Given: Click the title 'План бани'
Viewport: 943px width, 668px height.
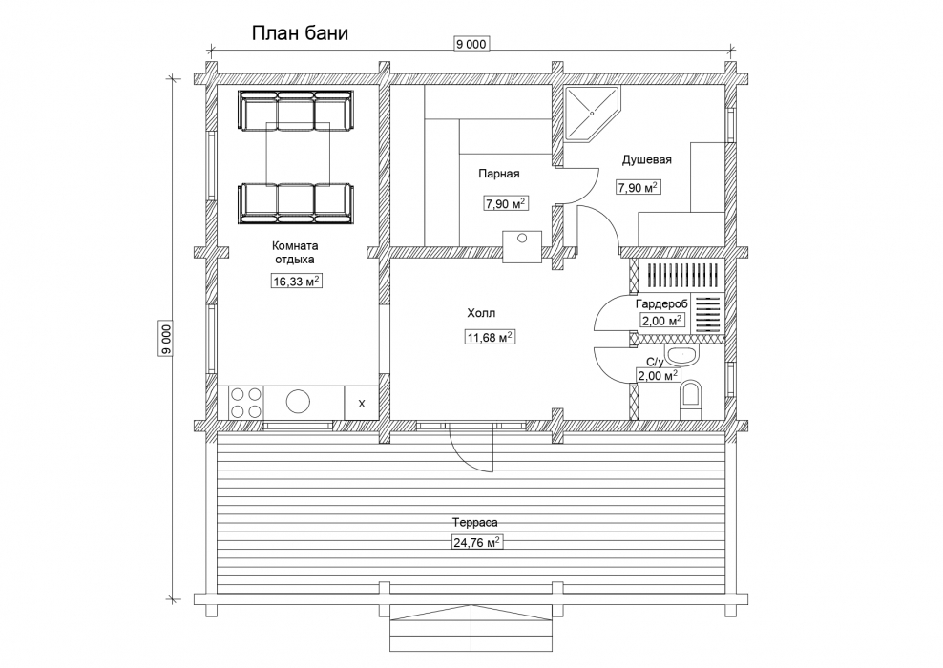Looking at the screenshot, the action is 300,33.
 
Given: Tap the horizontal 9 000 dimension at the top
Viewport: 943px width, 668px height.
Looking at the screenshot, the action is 471,44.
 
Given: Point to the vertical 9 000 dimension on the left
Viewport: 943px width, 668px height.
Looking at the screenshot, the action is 166,339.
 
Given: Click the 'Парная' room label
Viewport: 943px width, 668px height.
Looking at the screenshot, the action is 498,174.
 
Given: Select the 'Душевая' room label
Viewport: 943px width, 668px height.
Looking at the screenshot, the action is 646,160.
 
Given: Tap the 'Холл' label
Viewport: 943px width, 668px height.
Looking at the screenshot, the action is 481,313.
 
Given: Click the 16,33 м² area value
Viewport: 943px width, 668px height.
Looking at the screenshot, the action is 297,281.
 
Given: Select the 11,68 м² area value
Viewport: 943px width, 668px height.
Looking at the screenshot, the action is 491,337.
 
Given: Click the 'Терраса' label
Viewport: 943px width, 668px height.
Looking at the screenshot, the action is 475,523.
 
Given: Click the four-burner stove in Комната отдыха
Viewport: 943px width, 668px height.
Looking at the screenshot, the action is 246,403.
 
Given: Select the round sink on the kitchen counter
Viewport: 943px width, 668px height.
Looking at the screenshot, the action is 299,403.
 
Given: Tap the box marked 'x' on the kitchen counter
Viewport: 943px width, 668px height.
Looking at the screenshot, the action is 362,403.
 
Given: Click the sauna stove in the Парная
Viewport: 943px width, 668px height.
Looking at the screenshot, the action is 522,246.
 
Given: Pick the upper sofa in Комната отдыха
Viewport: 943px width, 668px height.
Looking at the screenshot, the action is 295,111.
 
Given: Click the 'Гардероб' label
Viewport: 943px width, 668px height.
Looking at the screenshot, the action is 661,304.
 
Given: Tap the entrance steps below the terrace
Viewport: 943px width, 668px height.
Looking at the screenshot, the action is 471,628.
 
